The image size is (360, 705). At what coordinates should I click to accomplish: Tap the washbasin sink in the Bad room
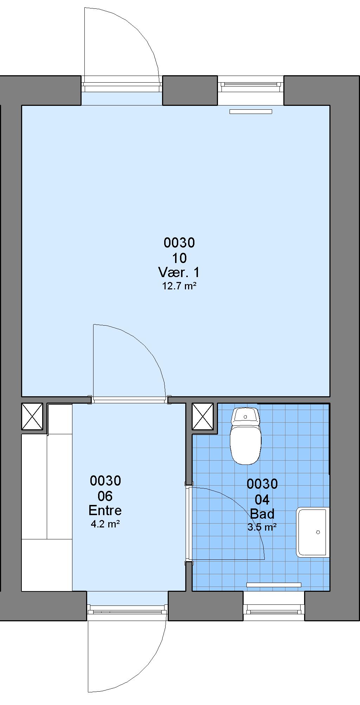pyautogui.click(x=313, y=532)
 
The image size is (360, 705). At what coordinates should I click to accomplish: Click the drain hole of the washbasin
pyautogui.click(x=318, y=532)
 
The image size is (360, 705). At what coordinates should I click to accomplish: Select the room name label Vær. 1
pyautogui.click(x=179, y=273)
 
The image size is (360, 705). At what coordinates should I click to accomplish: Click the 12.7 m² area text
pyautogui.click(x=179, y=286)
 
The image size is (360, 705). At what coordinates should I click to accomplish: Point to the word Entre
pyautogui.click(x=105, y=510)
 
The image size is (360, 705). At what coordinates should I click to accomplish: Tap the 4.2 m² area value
pyautogui.click(x=105, y=524)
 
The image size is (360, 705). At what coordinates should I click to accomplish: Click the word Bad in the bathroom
pyautogui.click(x=262, y=514)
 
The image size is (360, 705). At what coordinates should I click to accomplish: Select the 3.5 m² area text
pyautogui.click(x=262, y=527)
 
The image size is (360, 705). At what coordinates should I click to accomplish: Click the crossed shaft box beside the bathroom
pyautogui.click(x=202, y=416)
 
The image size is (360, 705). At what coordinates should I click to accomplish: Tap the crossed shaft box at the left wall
pyautogui.click(x=32, y=416)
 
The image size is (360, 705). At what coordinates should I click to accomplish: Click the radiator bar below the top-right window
pyautogui.click(x=251, y=112)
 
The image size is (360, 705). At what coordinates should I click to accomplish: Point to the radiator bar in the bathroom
pyautogui.click(x=274, y=585)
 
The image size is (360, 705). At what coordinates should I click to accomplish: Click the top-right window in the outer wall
pyautogui.click(x=250, y=84)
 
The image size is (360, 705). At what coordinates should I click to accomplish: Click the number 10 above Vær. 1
pyautogui.click(x=179, y=258)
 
